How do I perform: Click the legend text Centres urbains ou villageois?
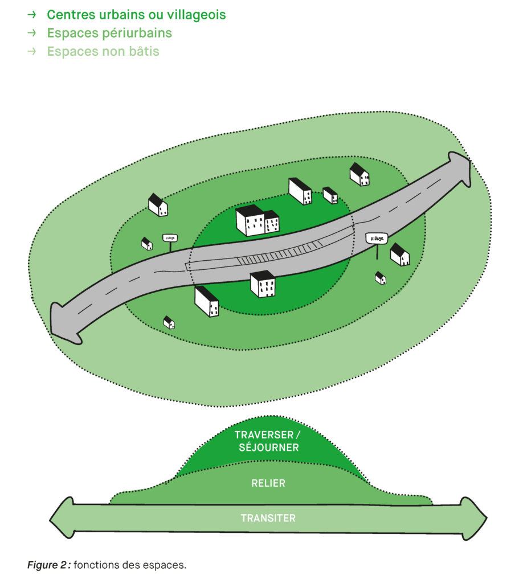click(136, 15)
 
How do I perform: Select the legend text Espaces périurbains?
click(109, 33)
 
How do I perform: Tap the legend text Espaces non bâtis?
click(103, 51)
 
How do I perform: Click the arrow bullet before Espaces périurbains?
click(32, 33)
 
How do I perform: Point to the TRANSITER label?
click(268, 518)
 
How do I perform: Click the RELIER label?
click(268, 483)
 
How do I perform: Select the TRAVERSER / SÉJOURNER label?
click(267, 441)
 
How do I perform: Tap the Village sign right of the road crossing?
click(377, 238)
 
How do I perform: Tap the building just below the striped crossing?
click(263, 284)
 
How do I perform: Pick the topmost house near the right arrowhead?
click(359, 174)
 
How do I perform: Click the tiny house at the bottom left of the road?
click(169, 322)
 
